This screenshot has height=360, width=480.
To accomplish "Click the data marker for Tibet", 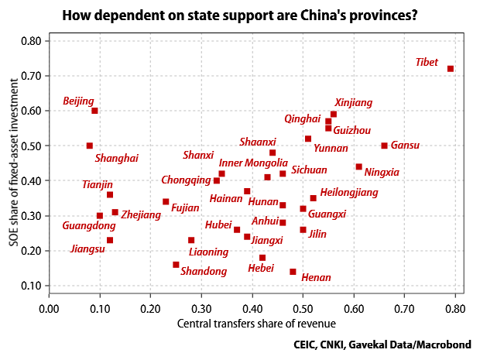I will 451,69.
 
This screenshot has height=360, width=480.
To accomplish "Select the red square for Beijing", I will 94,111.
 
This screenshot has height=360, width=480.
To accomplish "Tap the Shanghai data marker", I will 90,146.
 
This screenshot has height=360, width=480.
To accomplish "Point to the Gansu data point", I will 384,146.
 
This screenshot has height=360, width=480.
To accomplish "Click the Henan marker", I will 293,272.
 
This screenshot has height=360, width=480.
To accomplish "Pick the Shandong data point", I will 176,265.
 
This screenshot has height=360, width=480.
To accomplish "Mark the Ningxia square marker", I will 358,166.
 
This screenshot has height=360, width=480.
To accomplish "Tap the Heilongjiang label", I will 348,191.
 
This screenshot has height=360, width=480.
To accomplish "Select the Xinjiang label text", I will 353,102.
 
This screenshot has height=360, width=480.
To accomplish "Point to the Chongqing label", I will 186,180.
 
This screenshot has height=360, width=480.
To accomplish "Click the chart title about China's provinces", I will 239,14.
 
